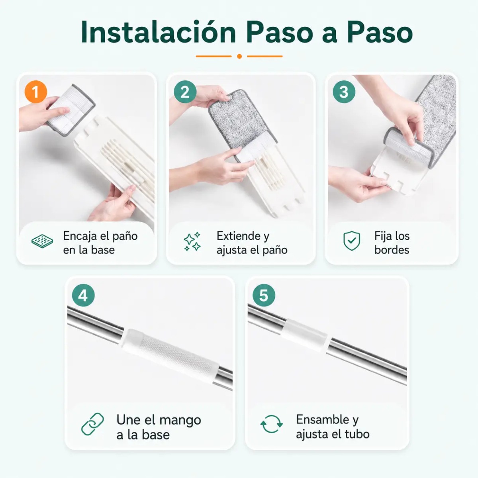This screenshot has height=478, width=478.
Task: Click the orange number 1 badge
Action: click(x=36, y=92)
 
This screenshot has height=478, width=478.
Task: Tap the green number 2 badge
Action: click(x=185, y=92)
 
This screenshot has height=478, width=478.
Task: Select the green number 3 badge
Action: click(x=344, y=92)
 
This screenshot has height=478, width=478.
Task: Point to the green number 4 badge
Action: click(x=83, y=295)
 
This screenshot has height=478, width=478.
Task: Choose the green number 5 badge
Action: click(x=264, y=295)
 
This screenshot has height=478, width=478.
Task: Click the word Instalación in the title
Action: click(x=158, y=32)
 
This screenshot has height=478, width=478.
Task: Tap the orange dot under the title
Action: click(x=239, y=56)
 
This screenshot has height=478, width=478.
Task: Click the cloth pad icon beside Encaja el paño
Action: click(x=42, y=241)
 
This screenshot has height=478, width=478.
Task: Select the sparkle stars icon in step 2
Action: click(x=192, y=242)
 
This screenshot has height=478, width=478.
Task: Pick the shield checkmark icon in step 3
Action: click(x=352, y=241)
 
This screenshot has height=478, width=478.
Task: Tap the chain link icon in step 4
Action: click(x=92, y=424)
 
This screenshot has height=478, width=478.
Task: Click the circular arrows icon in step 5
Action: click(x=272, y=424)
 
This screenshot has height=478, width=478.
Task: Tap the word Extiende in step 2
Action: click(x=239, y=236)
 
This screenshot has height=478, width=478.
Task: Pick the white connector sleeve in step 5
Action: click(x=305, y=335)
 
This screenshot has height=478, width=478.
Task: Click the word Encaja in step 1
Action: click(x=80, y=236)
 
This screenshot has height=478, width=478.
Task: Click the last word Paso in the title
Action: click(x=380, y=33)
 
